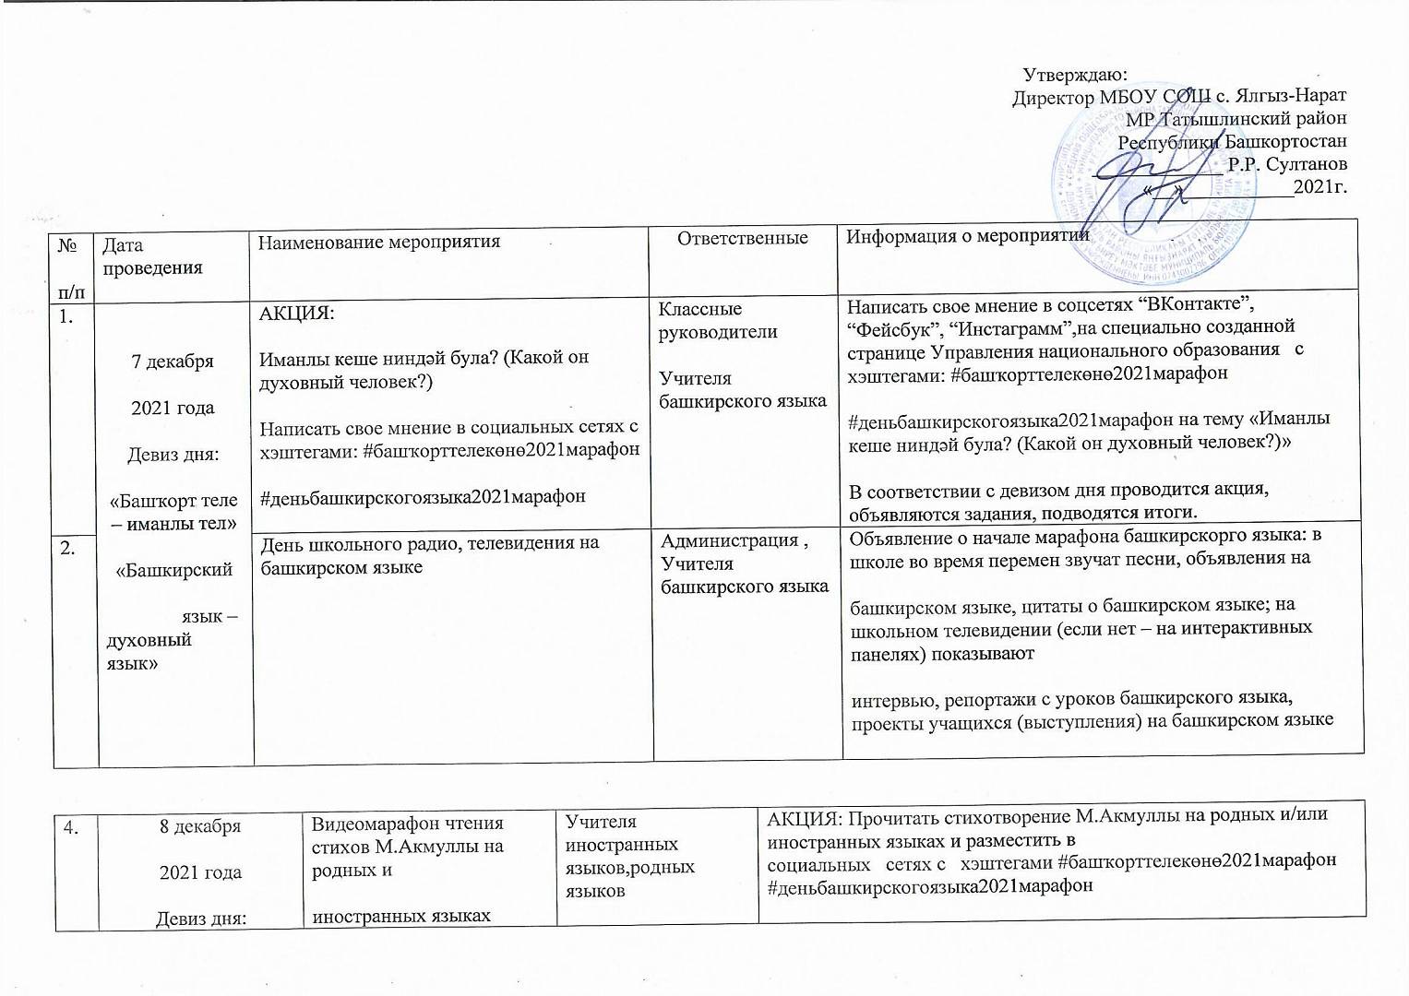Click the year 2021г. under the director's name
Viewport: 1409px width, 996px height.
pos(1319,187)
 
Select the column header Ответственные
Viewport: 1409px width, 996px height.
pos(743,239)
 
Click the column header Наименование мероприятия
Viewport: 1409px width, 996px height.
pos(379,242)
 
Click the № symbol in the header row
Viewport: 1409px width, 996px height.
pos(66,246)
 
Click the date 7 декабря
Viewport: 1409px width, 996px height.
pos(173,362)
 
